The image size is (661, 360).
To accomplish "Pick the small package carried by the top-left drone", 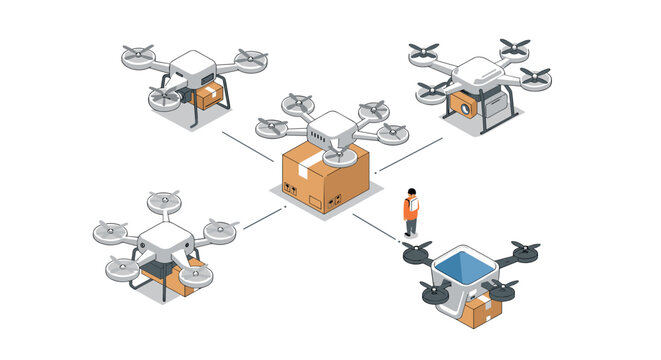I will pyautogui.click(x=210, y=96).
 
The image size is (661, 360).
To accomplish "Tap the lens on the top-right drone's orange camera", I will pyautogui.click(x=463, y=104).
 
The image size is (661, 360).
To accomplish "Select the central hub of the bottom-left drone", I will pyautogui.click(x=160, y=240).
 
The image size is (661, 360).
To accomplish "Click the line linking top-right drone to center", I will pyautogui.click(x=408, y=153).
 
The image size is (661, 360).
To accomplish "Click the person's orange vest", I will pyautogui.click(x=409, y=208).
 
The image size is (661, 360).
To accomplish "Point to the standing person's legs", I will pyautogui.click(x=410, y=227).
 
